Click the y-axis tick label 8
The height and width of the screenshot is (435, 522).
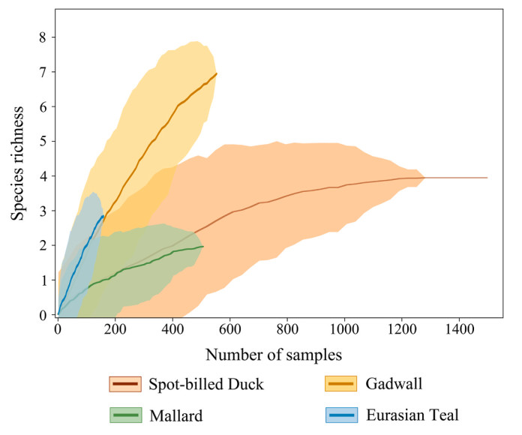tap(42, 37)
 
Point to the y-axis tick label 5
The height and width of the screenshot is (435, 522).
tap(42, 142)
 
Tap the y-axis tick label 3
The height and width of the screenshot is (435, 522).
tap(42, 211)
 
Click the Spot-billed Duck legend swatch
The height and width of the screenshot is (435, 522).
tap(126, 385)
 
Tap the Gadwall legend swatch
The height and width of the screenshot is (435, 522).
tap(340, 385)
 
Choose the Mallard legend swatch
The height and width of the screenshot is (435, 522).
tap(126, 415)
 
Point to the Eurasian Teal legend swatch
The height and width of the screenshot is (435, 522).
tap(340, 415)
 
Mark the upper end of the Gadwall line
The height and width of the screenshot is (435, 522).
tap(216, 73)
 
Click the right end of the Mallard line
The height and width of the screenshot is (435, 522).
tap(202, 246)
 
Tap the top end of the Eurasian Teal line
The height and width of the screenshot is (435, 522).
tap(103, 216)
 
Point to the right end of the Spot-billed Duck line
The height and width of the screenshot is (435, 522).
tap(487, 178)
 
